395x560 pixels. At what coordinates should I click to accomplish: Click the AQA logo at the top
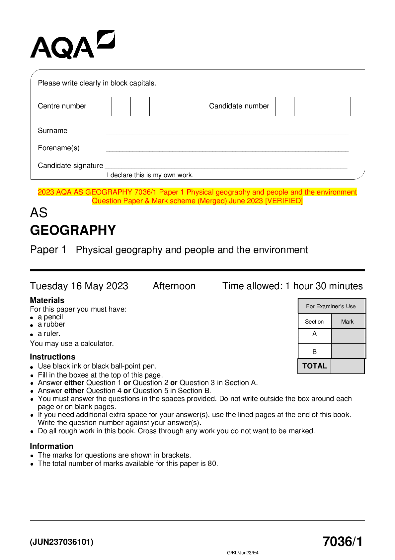click(x=72, y=45)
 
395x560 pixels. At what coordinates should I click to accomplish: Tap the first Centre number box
click(x=102, y=106)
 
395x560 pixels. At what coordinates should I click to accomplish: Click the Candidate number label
click(x=239, y=106)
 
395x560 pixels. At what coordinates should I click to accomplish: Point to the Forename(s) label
click(x=59, y=148)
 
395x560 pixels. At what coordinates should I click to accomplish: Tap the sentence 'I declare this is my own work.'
click(x=150, y=175)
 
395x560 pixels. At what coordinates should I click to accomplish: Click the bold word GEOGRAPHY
click(x=73, y=230)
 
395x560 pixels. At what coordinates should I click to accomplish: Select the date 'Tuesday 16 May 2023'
click(x=79, y=286)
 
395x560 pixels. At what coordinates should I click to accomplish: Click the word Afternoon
click(x=174, y=286)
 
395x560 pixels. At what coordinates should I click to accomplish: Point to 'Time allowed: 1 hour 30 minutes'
click(x=292, y=286)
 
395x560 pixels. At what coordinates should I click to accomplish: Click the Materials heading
click(x=47, y=300)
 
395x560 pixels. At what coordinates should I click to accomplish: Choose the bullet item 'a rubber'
click(x=51, y=324)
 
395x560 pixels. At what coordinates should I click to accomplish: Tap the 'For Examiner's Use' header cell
click(x=331, y=306)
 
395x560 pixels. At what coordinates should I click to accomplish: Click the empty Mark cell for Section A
click(x=348, y=336)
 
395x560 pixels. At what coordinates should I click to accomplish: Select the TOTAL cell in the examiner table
click(x=314, y=366)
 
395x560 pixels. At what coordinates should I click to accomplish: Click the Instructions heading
click(x=52, y=357)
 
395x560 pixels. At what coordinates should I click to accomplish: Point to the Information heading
click(x=51, y=446)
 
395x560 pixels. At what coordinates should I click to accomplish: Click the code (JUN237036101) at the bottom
click(x=62, y=542)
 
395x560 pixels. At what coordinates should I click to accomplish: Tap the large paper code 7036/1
click(x=343, y=542)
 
